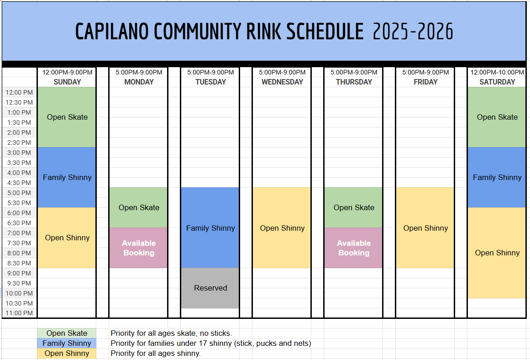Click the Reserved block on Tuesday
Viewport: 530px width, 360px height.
pos(210,288)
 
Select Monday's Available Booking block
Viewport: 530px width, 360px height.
pos(139,248)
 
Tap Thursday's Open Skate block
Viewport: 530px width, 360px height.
pos(354,207)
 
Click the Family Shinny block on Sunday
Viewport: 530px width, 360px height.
pos(67,177)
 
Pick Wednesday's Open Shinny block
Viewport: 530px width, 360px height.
pos(282,228)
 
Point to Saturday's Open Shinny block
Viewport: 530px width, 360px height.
pos(497,253)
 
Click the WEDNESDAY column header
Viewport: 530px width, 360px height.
pos(282,82)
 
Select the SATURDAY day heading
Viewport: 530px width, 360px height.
pos(497,82)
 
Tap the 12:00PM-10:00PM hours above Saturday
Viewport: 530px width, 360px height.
pos(497,72)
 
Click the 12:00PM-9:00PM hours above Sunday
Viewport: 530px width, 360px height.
pos(67,72)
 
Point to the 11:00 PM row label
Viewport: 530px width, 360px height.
pos(19,313)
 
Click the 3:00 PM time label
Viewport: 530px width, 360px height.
pos(19,153)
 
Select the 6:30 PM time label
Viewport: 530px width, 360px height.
pos(19,223)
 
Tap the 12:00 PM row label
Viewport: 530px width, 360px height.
pos(19,92)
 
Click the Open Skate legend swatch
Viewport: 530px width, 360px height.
pos(67,333)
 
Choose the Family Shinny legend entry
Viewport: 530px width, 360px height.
pos(67,343)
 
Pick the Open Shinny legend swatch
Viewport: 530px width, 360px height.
pos(67,353)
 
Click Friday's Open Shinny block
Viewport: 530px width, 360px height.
pos(425,228)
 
